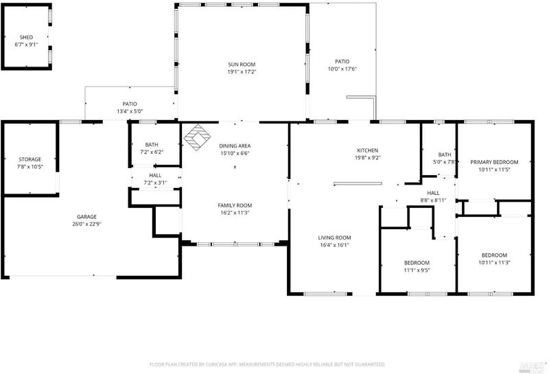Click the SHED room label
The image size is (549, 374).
26,37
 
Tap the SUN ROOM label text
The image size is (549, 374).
242,65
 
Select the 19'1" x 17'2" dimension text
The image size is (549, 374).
242,72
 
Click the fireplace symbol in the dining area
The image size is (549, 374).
197,137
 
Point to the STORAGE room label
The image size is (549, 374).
30,159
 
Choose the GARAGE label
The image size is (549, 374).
87,217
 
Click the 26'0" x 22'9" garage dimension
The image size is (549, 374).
87,224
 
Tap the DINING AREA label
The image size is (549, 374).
235,145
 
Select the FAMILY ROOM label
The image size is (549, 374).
235,206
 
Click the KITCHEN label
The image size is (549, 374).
368,150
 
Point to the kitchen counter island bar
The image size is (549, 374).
358,183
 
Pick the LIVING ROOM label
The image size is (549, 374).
335,237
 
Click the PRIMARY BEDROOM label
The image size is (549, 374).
494,162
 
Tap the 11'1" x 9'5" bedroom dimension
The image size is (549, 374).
417,270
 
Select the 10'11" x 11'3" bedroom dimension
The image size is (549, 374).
494,263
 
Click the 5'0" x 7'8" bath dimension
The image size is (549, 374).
445,162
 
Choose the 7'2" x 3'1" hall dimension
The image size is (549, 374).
156,183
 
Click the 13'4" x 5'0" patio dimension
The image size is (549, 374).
130,111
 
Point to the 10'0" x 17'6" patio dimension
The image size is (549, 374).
342,69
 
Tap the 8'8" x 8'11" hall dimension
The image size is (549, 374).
434,200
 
